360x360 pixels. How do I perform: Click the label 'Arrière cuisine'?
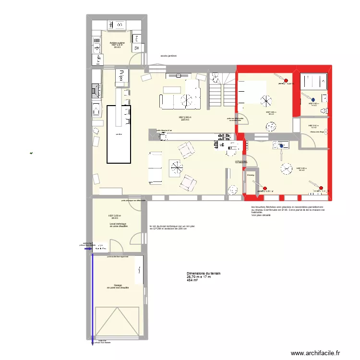117,43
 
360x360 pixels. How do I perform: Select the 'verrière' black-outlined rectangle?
119,134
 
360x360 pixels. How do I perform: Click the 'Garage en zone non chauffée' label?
118,287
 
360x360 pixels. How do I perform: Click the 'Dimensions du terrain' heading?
204,273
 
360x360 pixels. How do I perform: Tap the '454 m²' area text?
192,280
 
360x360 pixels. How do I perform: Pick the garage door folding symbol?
118,324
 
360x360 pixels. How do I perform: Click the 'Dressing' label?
250,175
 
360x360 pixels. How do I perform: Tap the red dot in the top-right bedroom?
286,81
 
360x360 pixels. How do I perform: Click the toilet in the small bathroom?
326,111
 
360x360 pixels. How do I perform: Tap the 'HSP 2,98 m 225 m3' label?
185,118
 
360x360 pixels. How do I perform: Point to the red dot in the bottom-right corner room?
321,188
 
